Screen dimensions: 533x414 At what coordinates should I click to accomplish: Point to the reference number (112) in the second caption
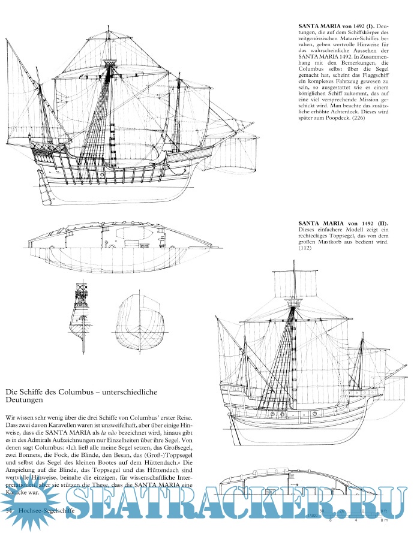pyautogui.click(x=305, y=244)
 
